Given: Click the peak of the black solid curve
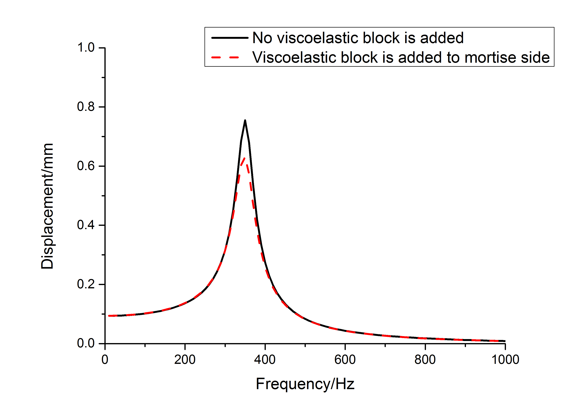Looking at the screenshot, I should pyautogui.click(x=245, y=121).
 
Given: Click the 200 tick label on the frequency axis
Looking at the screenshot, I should pyautogui.click(x=185, y=360).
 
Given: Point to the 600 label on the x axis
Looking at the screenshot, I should pyautogui.click(x=345, y=360).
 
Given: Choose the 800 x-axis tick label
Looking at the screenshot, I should pyautogui.click(x=425, y=360).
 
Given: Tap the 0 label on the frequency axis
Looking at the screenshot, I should pyautogui.click(x=105, y=360).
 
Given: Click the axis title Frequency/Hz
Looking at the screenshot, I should pyautogui.click(x=305, y=384).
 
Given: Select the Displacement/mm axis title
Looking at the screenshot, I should pyautogui.click(x=47, y=206).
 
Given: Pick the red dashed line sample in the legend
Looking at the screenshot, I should pyautogui.click(x=225, y=57).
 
